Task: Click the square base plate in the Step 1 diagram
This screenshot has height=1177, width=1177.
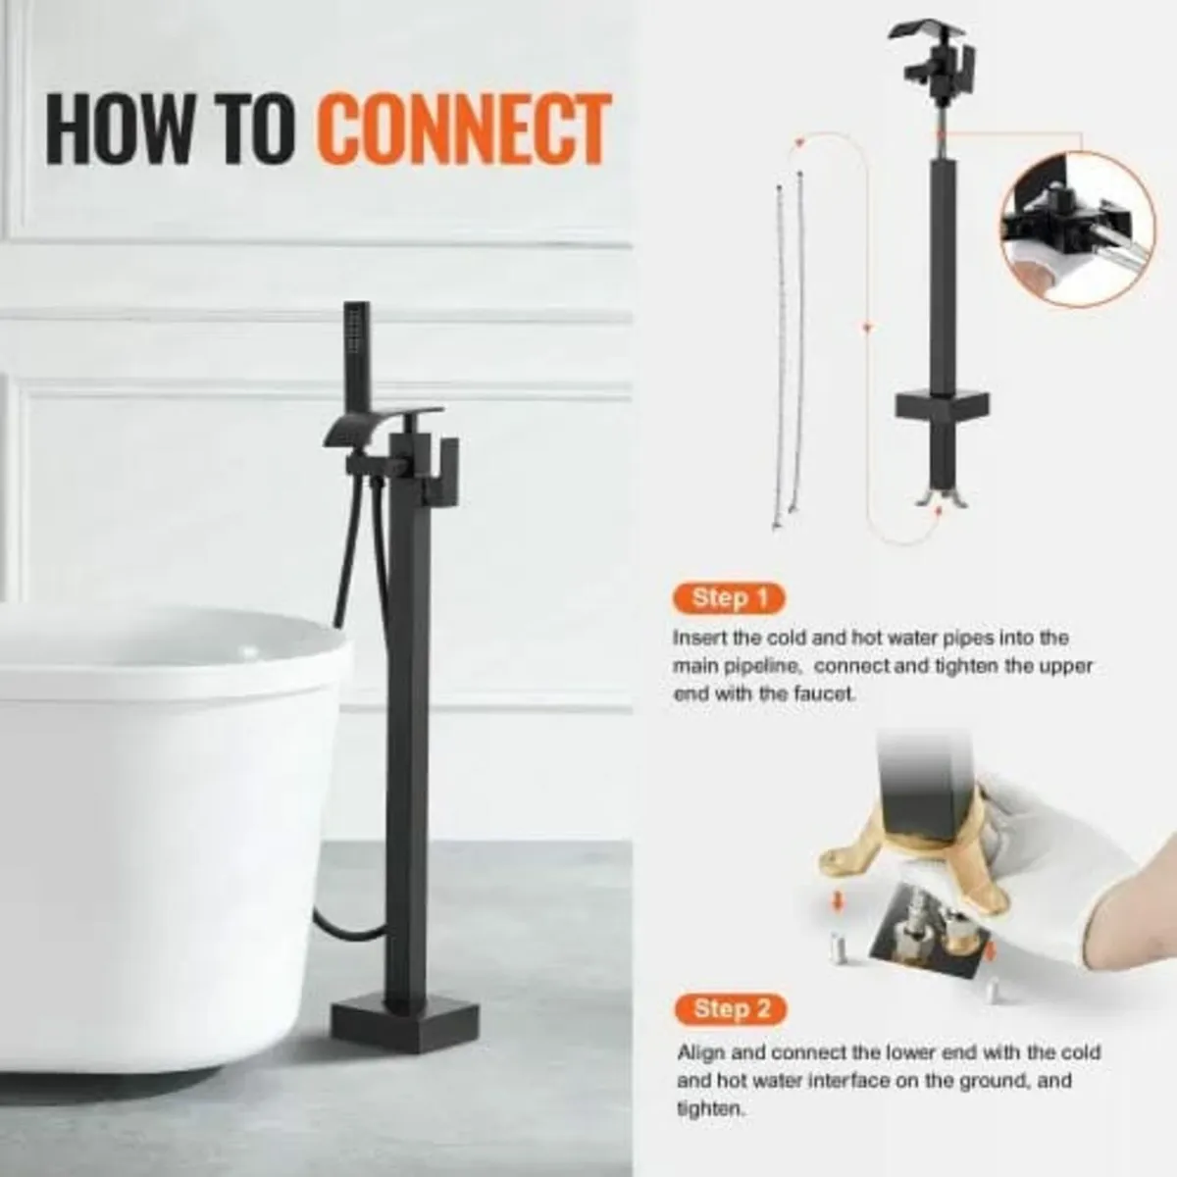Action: (942, 404)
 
